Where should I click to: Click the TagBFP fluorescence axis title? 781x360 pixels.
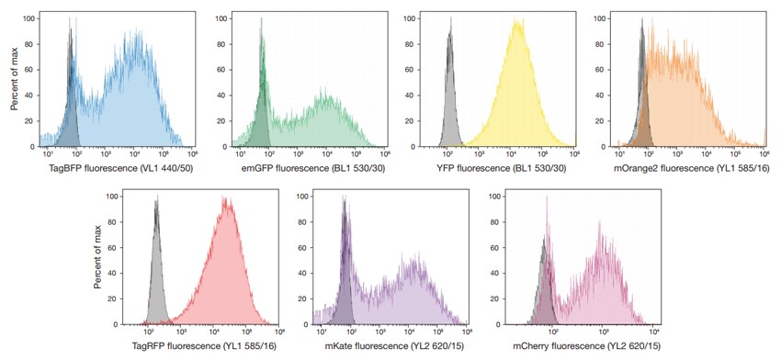[x=114, y=168]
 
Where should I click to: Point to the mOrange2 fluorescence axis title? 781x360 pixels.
[x=690, y=168]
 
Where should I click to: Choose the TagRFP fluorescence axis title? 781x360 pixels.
[x=204, y=346]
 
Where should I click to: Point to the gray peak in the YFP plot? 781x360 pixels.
[x=450, y=37]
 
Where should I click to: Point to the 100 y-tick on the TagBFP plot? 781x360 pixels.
[x=29, y=18]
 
